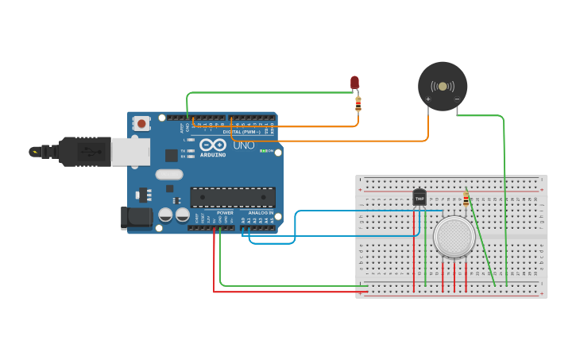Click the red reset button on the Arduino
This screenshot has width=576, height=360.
(142, 123)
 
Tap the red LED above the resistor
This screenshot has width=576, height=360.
(354, 82)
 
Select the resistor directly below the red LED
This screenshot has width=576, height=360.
(358, 103)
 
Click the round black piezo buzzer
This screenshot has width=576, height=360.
(443, 86)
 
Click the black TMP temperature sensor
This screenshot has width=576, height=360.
(419, 197)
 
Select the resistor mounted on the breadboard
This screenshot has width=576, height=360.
(466, 199)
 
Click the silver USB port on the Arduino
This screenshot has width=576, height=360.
(130, 151)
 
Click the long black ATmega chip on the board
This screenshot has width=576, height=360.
(233, 197)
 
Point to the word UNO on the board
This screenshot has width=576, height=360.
(244, 145)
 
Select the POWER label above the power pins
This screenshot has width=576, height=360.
(225, 213)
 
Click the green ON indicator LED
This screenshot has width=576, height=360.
(263, 151)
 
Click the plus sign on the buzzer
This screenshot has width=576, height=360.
(428, 99)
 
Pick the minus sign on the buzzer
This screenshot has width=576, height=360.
(457, 99)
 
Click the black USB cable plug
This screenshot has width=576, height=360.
(79, 151)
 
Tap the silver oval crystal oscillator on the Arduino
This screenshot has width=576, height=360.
(169, 174)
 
